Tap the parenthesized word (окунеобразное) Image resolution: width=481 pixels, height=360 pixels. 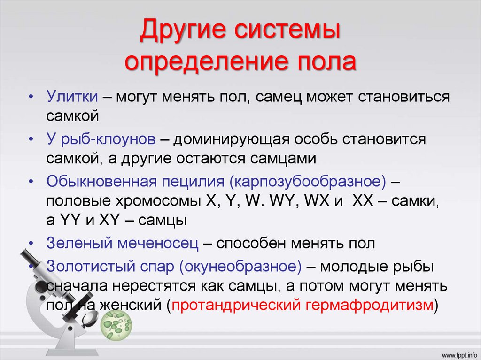tap(239, 266)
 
